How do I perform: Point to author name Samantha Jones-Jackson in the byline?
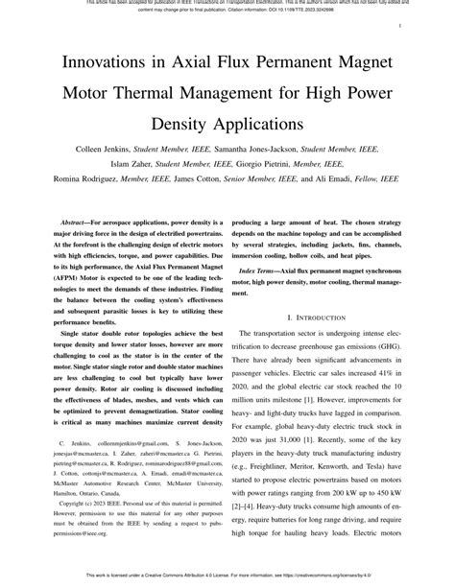click(271, 151)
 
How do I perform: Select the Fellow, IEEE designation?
click(377, 179)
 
